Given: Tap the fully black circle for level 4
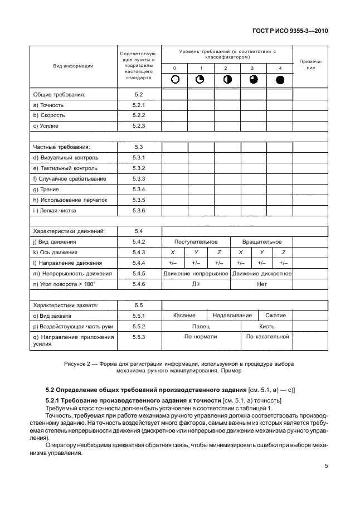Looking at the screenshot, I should tap(280, 79).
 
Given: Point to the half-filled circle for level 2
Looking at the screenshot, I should tap(227, 79).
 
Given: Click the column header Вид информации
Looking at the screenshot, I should tap(72, 66).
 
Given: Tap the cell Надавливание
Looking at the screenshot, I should tap(227, 316).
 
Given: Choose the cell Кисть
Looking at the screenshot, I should tap(266, 327).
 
